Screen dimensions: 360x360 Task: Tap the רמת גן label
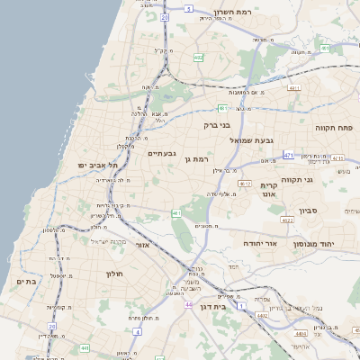(x=194, y=159)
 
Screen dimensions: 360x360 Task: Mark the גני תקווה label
(x=321, y=179)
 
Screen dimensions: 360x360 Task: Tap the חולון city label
(x=113, y=274)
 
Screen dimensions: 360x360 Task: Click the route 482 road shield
(x=198, y=57)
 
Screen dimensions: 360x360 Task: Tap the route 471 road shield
(x=288, y=156)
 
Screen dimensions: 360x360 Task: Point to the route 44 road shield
(x=188, y=305)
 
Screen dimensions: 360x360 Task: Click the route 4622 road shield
(x=287, y=220)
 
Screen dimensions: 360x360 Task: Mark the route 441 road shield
(x=84, y=347)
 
